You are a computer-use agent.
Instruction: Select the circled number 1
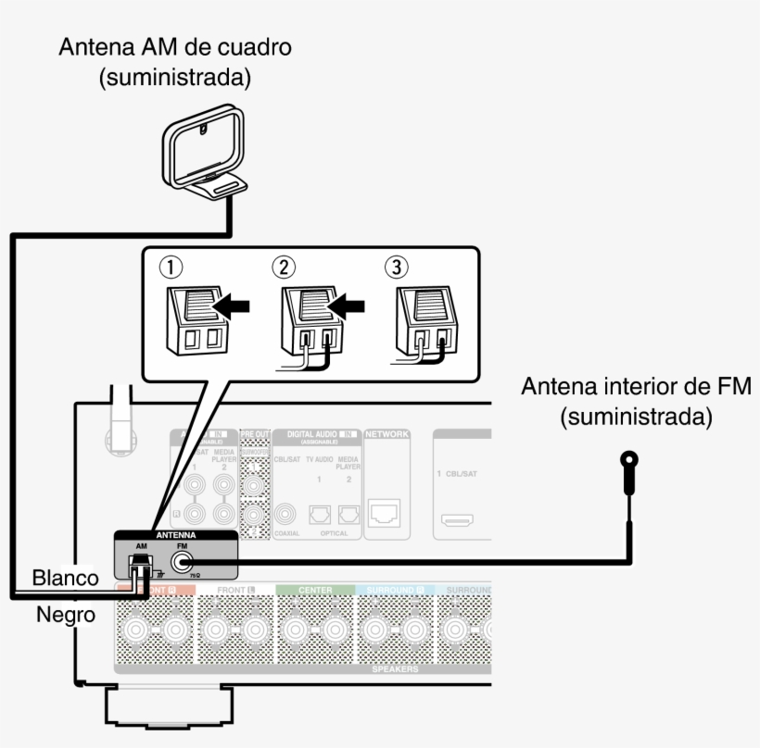(x=170, y=268)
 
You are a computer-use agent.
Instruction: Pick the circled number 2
(x=283, y=268)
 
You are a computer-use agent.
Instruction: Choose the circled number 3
(x=396, y=268)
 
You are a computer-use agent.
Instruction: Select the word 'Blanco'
(x=65, y=578)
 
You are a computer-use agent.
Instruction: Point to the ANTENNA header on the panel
(x=175, y=536)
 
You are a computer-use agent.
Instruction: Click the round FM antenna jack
(x=182, y=561)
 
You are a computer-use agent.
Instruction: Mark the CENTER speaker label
(x=315, y=589)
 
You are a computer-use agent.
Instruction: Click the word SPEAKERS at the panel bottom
(x=393, y=667)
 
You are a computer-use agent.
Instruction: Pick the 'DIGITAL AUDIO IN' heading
(x=312, y=433)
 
